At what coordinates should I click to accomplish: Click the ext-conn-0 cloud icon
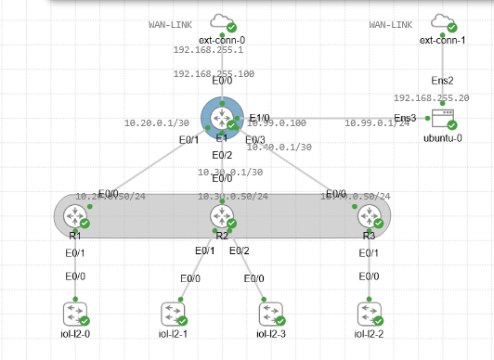(222, 21)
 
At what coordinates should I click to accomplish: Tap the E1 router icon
(222, 118)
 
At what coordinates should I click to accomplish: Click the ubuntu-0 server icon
(440, 118)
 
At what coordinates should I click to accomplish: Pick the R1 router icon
(73, 216)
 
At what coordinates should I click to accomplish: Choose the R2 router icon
(222, 216)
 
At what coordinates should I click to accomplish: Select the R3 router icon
(369, 216)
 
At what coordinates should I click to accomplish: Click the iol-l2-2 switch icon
(369, 312)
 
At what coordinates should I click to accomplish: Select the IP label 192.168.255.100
(214, 73)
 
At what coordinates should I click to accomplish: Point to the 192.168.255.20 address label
(431, 97)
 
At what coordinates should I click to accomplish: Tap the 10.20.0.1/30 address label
(157, 122)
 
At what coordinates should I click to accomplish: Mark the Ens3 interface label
(405, 118)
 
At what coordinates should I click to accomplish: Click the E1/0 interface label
(259, 118)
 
